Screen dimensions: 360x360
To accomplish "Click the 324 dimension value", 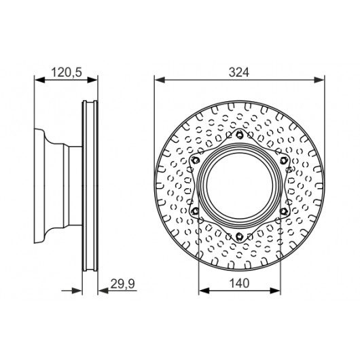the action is [x=239, y=72].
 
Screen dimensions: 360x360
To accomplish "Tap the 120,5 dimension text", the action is [x=67, y=72].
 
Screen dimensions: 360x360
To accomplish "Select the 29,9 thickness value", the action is [x=122, y=284].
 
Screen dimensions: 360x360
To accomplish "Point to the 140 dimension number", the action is [x=239, y=283].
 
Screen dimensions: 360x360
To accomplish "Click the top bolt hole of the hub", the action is [x=240, y=134].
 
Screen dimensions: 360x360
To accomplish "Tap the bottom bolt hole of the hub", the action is [x=240, y=236].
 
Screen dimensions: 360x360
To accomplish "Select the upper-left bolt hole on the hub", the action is [x=196, y=160].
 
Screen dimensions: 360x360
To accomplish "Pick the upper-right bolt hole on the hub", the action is [x=284, y=160].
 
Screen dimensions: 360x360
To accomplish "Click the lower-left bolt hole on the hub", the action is [x=196, y=211].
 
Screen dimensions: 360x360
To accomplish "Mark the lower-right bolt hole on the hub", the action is [x=284, y=211].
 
